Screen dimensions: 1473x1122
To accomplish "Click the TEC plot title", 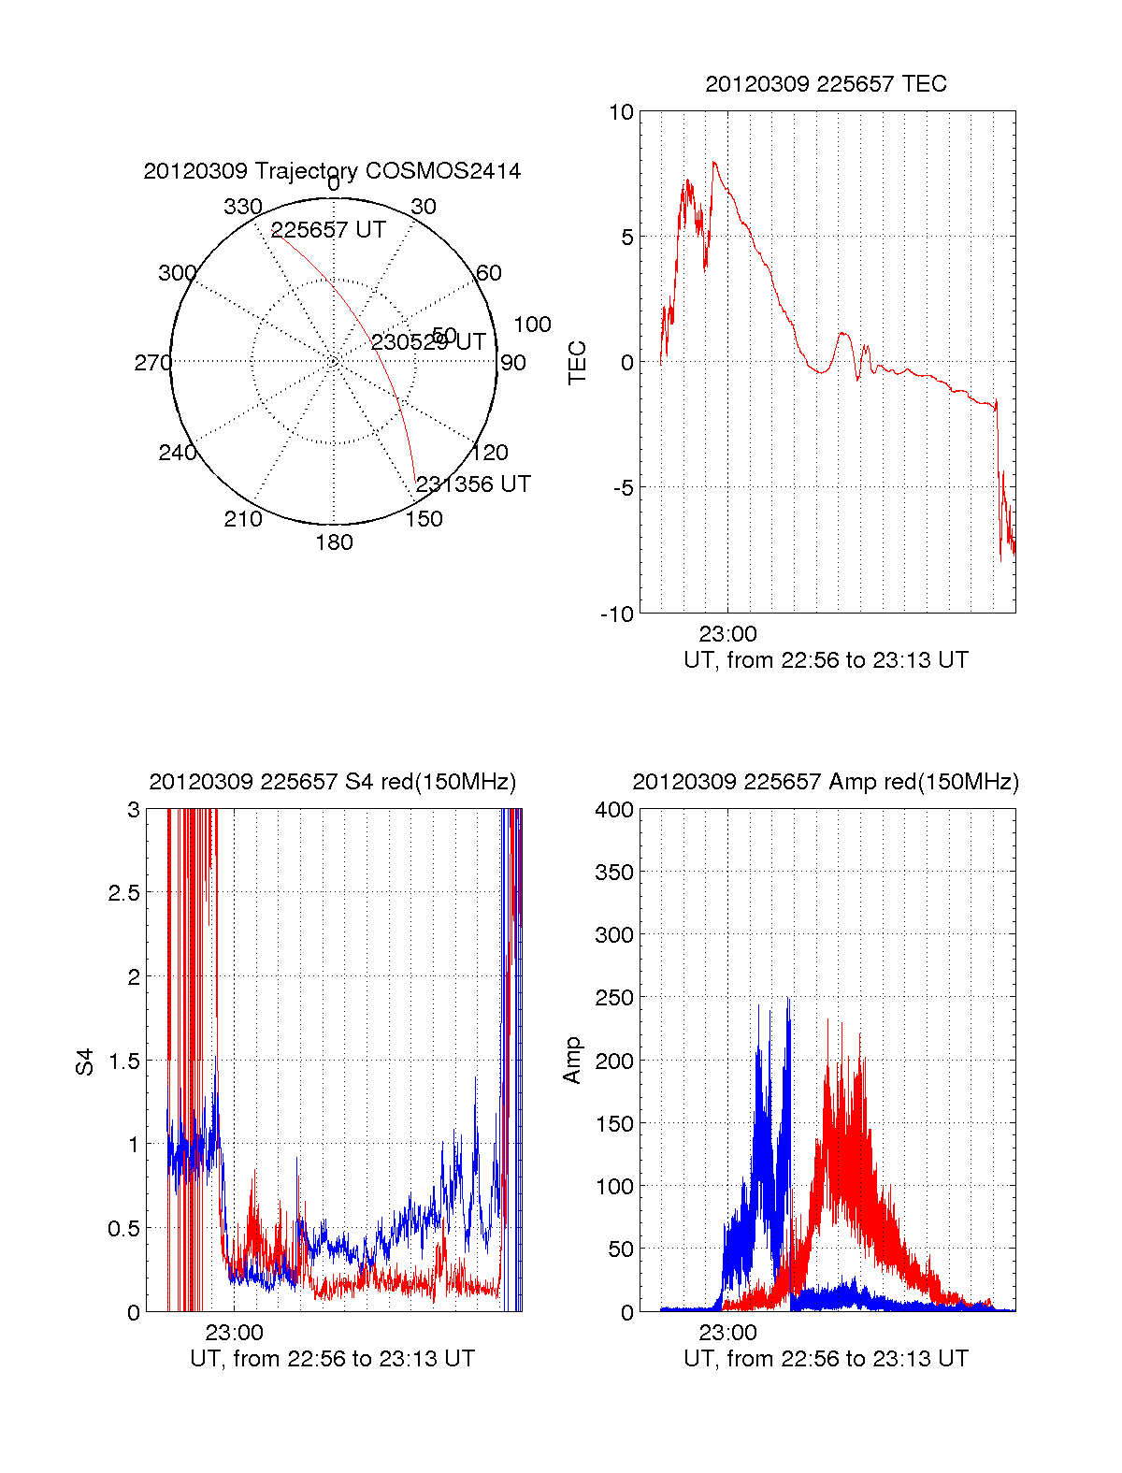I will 826,84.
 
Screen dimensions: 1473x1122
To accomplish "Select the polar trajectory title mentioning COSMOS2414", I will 332,171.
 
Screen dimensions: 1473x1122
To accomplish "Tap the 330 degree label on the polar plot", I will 242,207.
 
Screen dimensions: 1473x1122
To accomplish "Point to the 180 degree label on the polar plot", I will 334,542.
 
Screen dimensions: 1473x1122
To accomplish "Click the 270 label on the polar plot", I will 152,363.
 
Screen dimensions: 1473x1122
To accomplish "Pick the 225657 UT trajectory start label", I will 328,230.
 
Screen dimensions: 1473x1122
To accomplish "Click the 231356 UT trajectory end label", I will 473,484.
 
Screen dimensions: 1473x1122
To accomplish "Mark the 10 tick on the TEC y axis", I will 621,112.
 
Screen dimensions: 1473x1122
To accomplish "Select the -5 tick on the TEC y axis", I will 624,488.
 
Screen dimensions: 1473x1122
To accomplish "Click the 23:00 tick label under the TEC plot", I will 727,635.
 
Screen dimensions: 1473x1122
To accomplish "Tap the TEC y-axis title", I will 578,363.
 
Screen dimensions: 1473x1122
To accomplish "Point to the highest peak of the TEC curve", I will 714,163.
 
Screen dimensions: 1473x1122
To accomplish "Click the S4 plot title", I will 332,782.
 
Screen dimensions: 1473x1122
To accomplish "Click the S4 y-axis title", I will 85,1061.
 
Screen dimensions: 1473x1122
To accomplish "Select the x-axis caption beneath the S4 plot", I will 332,1359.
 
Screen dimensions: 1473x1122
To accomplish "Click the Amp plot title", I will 826,782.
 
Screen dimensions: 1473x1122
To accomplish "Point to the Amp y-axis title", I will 572,1061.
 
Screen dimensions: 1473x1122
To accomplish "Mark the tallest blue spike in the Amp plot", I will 788,999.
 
